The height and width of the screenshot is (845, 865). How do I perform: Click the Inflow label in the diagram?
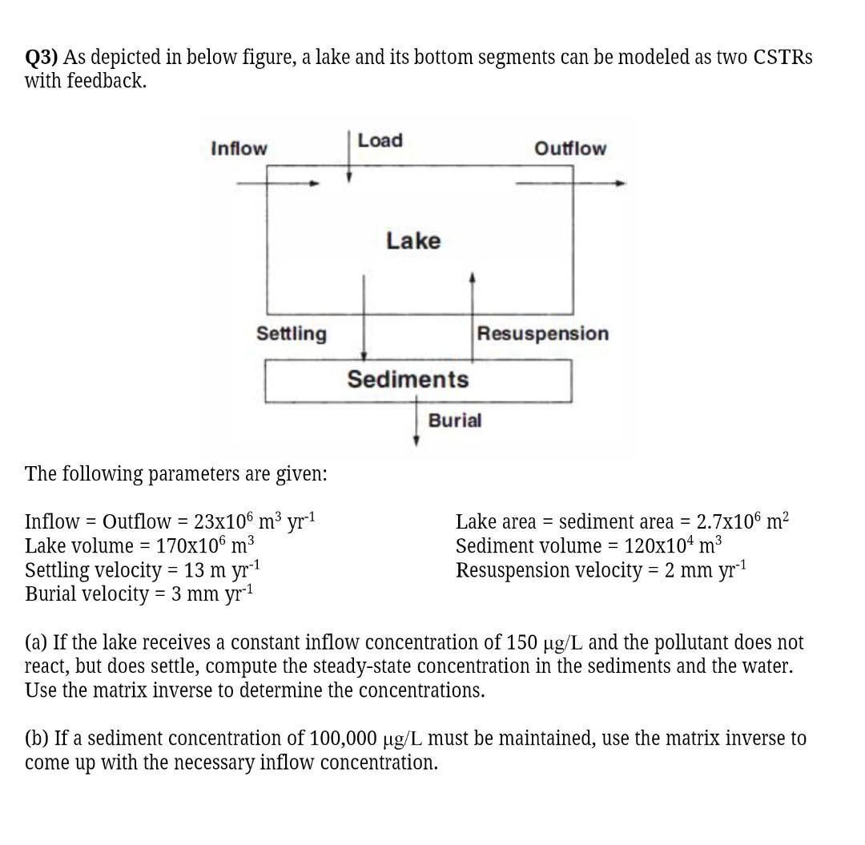239,148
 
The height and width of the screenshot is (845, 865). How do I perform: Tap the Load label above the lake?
380,140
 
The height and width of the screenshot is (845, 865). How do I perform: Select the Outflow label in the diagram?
570,148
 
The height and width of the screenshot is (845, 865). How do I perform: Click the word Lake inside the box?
413,240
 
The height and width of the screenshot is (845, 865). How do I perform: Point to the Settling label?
292,333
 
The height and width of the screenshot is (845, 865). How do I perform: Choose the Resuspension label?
543,333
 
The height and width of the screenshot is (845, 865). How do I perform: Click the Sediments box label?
408,379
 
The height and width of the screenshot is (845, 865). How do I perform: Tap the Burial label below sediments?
455,420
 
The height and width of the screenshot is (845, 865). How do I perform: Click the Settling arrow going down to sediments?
364,320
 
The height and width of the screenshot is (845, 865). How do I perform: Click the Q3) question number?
42,58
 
